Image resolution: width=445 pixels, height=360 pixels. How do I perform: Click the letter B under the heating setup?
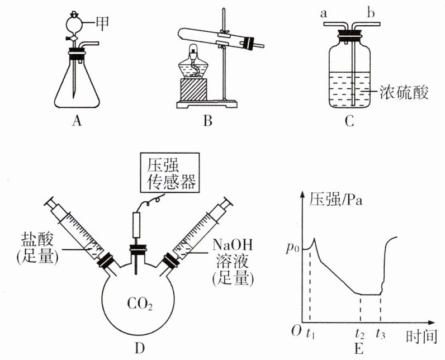tap(207, 120)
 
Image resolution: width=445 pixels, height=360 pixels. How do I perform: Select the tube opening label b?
tap(370, 12)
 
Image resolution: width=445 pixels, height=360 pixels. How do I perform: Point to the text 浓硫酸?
tap(402, 92)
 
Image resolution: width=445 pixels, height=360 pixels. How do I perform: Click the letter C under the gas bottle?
tap(349, 120)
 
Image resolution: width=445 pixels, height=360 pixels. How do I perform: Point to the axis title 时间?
tap(419, 337)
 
